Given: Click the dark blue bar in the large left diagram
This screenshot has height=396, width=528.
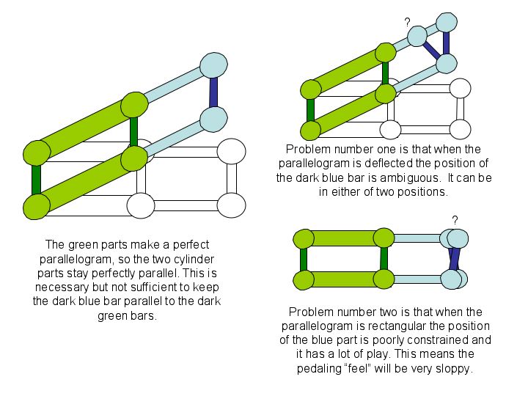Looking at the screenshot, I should pos(213,92).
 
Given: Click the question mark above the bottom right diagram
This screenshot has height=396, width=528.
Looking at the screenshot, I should pos(455,219).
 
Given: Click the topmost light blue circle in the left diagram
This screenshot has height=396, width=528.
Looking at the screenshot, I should pos(213,65).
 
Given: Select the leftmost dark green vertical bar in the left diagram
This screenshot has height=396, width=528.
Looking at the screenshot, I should pos(34,180).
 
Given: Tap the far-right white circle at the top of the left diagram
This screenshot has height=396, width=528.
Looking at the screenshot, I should pos(231,152).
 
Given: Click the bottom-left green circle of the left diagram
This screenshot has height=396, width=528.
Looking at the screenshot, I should pos(36,206).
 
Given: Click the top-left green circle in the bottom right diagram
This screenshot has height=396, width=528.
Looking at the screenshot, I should pos(303,238).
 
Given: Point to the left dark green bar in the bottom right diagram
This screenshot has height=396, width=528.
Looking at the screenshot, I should pos(302,259).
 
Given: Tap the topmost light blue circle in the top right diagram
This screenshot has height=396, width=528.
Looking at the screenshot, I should pos(447,23).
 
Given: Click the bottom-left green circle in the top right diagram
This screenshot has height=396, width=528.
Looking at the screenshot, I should pos(310,130).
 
